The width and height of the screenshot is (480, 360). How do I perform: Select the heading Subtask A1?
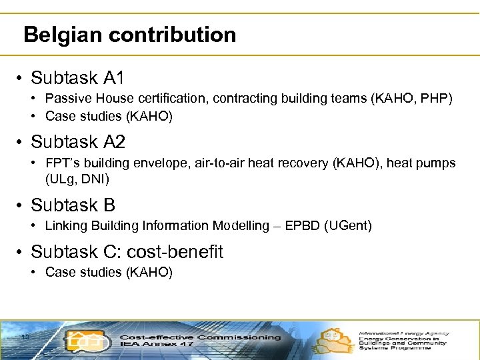tap(77, 78)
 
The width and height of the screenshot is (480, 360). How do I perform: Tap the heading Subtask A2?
tap(77, 142)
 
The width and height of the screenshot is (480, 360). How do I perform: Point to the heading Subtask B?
tap(73, 205)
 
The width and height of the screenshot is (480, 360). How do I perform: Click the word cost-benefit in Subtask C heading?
tap(175, 252)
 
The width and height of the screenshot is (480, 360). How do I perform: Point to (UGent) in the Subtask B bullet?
tap(347, 226)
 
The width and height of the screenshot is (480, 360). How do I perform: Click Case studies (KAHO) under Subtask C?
tap(109, 272)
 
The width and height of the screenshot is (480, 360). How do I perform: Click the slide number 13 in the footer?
tap(25, 336)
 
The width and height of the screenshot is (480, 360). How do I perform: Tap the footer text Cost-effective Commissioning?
tap(200, 337)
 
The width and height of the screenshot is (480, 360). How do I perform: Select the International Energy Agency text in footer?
tap(404, 333)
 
